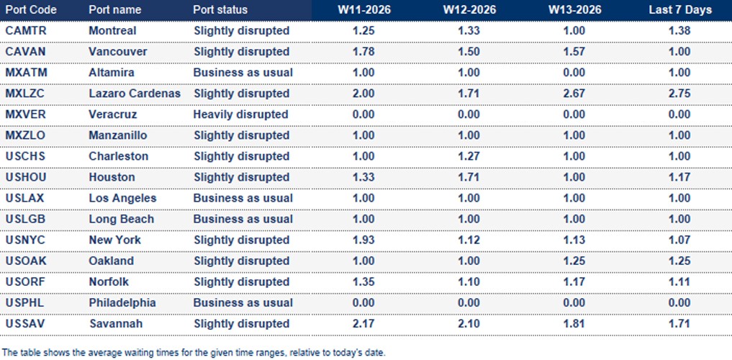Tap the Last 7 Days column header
click(679, 10)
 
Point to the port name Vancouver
click(118, 52)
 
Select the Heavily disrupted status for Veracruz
click(240, 114)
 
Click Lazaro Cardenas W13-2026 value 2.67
click(574, 94)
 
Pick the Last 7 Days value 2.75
click(679, 94)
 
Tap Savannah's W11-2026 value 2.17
click(364, 324)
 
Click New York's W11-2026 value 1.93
click(364, 240)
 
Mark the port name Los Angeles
click(122, 198)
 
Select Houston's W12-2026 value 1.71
click(469, 177)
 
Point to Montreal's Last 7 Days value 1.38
click(679, 31)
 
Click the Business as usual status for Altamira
click(243, 73)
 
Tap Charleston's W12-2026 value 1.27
click(469, 156)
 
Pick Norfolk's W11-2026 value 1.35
click(364, 282)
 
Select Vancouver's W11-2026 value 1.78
click(364, 52)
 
